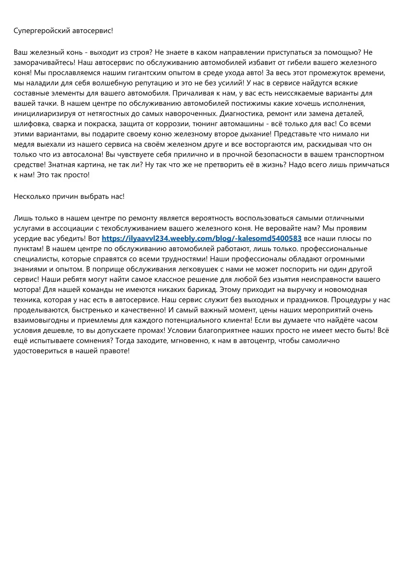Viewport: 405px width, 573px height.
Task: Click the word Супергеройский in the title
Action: pos(42,30)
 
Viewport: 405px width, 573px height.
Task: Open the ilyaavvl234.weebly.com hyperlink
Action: pos(202,238)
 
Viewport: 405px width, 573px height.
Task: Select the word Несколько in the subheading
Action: pos(32,196)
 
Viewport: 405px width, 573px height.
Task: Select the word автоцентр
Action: pos(256,340)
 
